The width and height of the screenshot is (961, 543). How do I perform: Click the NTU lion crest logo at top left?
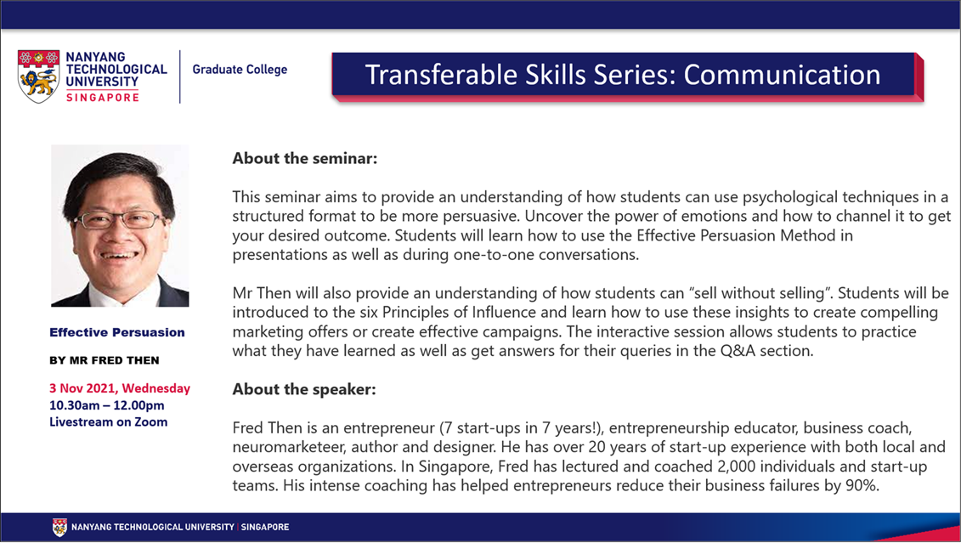click(38, 76)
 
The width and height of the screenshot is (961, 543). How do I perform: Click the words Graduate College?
click(240, 69)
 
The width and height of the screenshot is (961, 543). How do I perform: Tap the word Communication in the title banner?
click(782, 75)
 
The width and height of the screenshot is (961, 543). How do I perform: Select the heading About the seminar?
click(304, 158)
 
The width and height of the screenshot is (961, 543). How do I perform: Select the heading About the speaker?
click(304, 389)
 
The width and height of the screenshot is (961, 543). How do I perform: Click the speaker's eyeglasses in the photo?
click(119, 219)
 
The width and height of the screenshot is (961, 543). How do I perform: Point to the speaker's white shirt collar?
click(121, 292)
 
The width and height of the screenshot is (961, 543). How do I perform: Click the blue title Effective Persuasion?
click(117, 332)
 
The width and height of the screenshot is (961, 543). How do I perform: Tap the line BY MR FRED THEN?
click(105, 360)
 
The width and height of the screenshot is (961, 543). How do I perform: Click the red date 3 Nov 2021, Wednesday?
click(120, 388)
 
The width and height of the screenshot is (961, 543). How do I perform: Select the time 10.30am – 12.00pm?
click(107, 405)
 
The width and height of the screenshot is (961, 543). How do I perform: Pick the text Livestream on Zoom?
click(109, 421)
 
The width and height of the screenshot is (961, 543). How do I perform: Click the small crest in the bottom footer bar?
click(59, 527)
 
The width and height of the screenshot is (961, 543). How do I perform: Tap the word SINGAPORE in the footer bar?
click(265, 527)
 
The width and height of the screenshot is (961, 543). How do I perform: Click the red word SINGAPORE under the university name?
click(102, 97)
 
